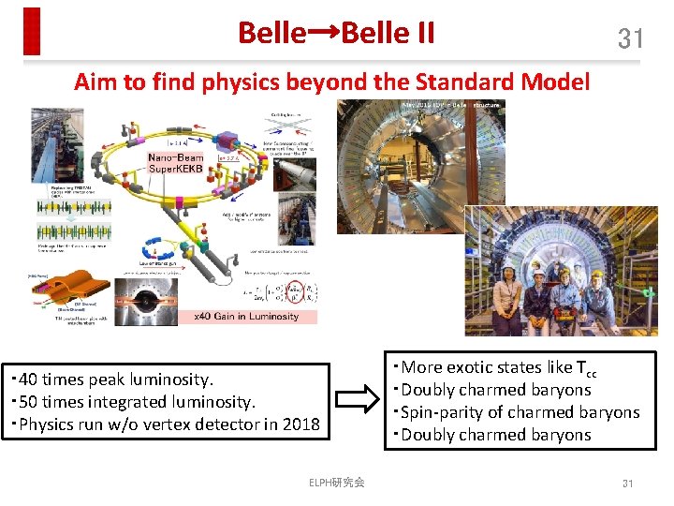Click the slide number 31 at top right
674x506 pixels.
(x=630, y=38)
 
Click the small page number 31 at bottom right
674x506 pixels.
(x=628, y=484)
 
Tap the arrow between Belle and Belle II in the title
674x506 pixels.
(x=323, y=33)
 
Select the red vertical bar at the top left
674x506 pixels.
(x=33, y=31)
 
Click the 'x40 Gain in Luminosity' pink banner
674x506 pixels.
(x=246, y=317)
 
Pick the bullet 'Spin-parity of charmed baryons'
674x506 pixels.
(x=520, y=412)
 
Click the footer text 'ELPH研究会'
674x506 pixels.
(x=336, y=483)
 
